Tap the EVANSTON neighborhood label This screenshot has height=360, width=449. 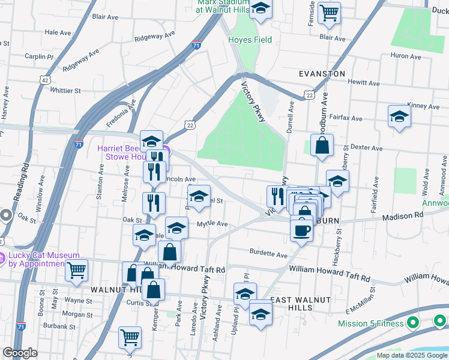pos(322,74)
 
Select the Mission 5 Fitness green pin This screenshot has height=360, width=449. pos(412,323)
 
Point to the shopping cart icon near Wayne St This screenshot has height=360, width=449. pos(76,271)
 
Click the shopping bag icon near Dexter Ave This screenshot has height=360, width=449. pos(322,146)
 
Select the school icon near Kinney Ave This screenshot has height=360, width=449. pos(399,117)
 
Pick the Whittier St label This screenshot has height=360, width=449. pos(65,91)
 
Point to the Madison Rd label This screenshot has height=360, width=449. pos(403,216)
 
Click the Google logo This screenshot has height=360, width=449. pos(20,353)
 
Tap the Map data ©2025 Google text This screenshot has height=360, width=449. pos(411,355)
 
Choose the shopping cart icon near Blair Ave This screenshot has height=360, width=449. pos(329,13)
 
